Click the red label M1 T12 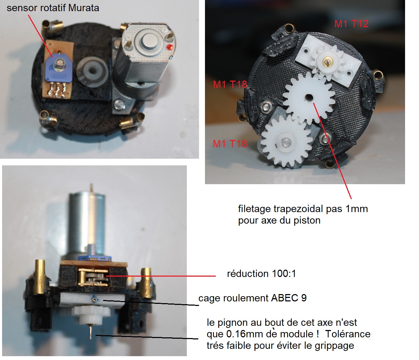351,24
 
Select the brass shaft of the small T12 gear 326,61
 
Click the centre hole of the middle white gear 309,97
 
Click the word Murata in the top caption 84,8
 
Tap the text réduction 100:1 261,273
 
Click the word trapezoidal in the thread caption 299,209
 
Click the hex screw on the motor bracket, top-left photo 120,105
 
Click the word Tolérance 348,334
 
